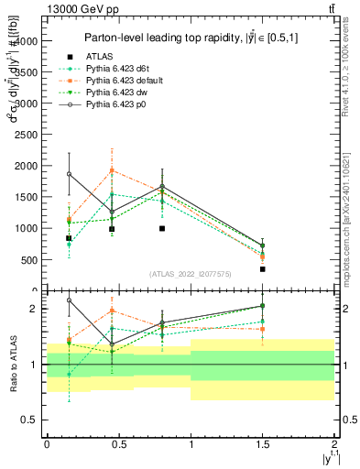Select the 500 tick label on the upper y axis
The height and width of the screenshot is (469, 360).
coord(28,259)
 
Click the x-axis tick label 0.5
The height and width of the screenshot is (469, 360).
coord(118,443)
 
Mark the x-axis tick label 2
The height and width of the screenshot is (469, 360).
coord(334,443)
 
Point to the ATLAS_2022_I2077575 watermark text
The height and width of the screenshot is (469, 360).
coord(190,274)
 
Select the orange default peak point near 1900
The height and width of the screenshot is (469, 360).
coord(112,170)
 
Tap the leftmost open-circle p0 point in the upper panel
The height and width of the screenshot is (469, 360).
coord(69,174)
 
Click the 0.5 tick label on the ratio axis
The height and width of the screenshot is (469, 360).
coord(30,420)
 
